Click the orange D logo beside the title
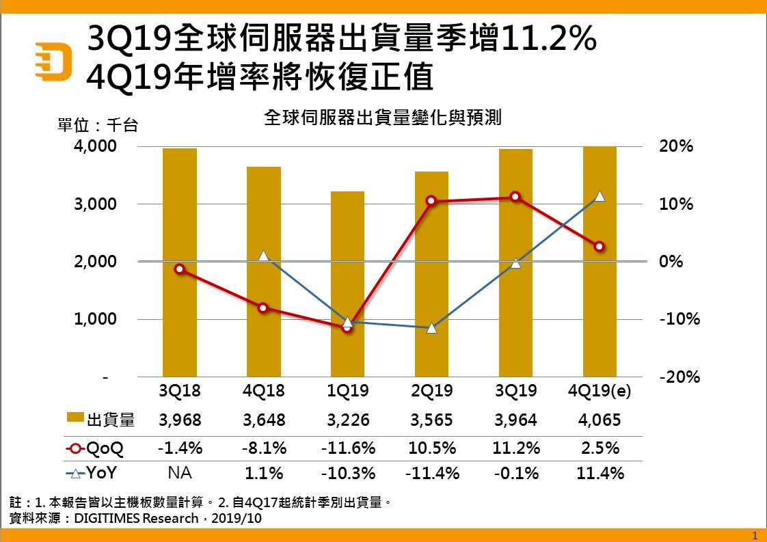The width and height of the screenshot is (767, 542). click(55, 62)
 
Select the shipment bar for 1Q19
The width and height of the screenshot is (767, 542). click(347, 284)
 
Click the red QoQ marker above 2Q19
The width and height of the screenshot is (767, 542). click(431, 201)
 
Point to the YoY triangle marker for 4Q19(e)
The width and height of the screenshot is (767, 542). click(600, 196)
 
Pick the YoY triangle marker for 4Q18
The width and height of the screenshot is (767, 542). click(264, 256)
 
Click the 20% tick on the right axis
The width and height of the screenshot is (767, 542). click(675, 146)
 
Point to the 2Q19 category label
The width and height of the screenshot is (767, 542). click(432, 392)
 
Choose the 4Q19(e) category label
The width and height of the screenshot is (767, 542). click(600, 392)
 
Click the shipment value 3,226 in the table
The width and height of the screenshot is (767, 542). click(348, 420)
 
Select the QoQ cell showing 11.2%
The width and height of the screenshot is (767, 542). click(516, 448)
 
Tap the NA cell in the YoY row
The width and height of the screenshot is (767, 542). click(180, 473)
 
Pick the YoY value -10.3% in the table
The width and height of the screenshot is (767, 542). click(348, 473)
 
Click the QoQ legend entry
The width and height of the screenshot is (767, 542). click(96, 448)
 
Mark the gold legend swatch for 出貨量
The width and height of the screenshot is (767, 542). click(75, 418)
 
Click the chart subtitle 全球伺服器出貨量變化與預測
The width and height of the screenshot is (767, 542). click(383, 118)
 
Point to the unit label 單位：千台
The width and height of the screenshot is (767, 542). click(98, 126)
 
